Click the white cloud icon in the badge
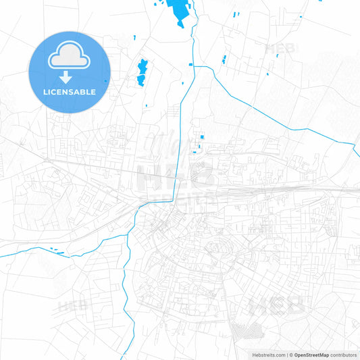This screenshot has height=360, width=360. pyautogui.click(x=70, y=57)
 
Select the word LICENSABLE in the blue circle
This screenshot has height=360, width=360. pyautogui.click(x=70, y=91)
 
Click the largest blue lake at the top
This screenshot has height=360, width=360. pyautogui.click(x=180, y=11)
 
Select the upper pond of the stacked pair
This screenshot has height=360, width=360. pyautogui.click(x=143, y=66)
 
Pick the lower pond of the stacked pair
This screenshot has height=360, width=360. pyautogui.click(x=142, y=80)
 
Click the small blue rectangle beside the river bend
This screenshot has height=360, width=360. pyautogui.click(x=192, y=65)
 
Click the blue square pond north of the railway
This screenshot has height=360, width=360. pyautogui.click(x=201, y=138)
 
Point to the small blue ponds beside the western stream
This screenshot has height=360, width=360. pyautogui.click(x=56, y=251)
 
